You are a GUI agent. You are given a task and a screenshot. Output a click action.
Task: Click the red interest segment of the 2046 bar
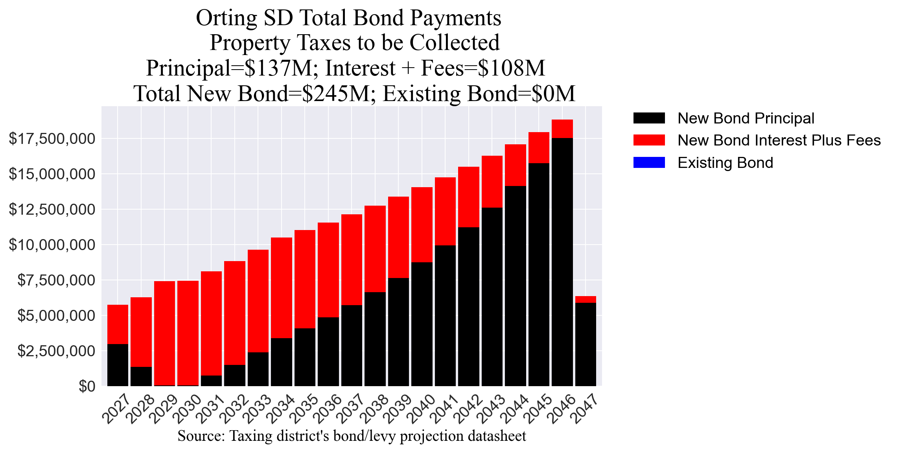point(562,129)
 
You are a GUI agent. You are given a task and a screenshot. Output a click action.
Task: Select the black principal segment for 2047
point(586,344)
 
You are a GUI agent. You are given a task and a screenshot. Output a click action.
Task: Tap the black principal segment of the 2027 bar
point(118,365)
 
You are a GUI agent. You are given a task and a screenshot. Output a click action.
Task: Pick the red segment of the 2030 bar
point(188,333)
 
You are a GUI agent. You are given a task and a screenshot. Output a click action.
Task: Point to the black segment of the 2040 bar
point(422,324)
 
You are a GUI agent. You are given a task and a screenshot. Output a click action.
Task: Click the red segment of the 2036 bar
point(328,270)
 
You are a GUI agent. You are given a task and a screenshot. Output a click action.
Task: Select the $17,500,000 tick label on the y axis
point(52,139)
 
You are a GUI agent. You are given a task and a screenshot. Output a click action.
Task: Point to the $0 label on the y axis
point(87,387)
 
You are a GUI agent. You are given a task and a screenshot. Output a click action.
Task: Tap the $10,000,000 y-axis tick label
point(52,245)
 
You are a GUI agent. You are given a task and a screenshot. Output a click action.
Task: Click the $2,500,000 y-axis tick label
point(56,351)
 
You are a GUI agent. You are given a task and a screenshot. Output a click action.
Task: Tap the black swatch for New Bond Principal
point(649,118)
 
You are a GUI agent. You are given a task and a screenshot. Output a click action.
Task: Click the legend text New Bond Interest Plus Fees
point(779,140)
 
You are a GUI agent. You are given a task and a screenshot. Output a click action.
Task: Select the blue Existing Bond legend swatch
point(649,162)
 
